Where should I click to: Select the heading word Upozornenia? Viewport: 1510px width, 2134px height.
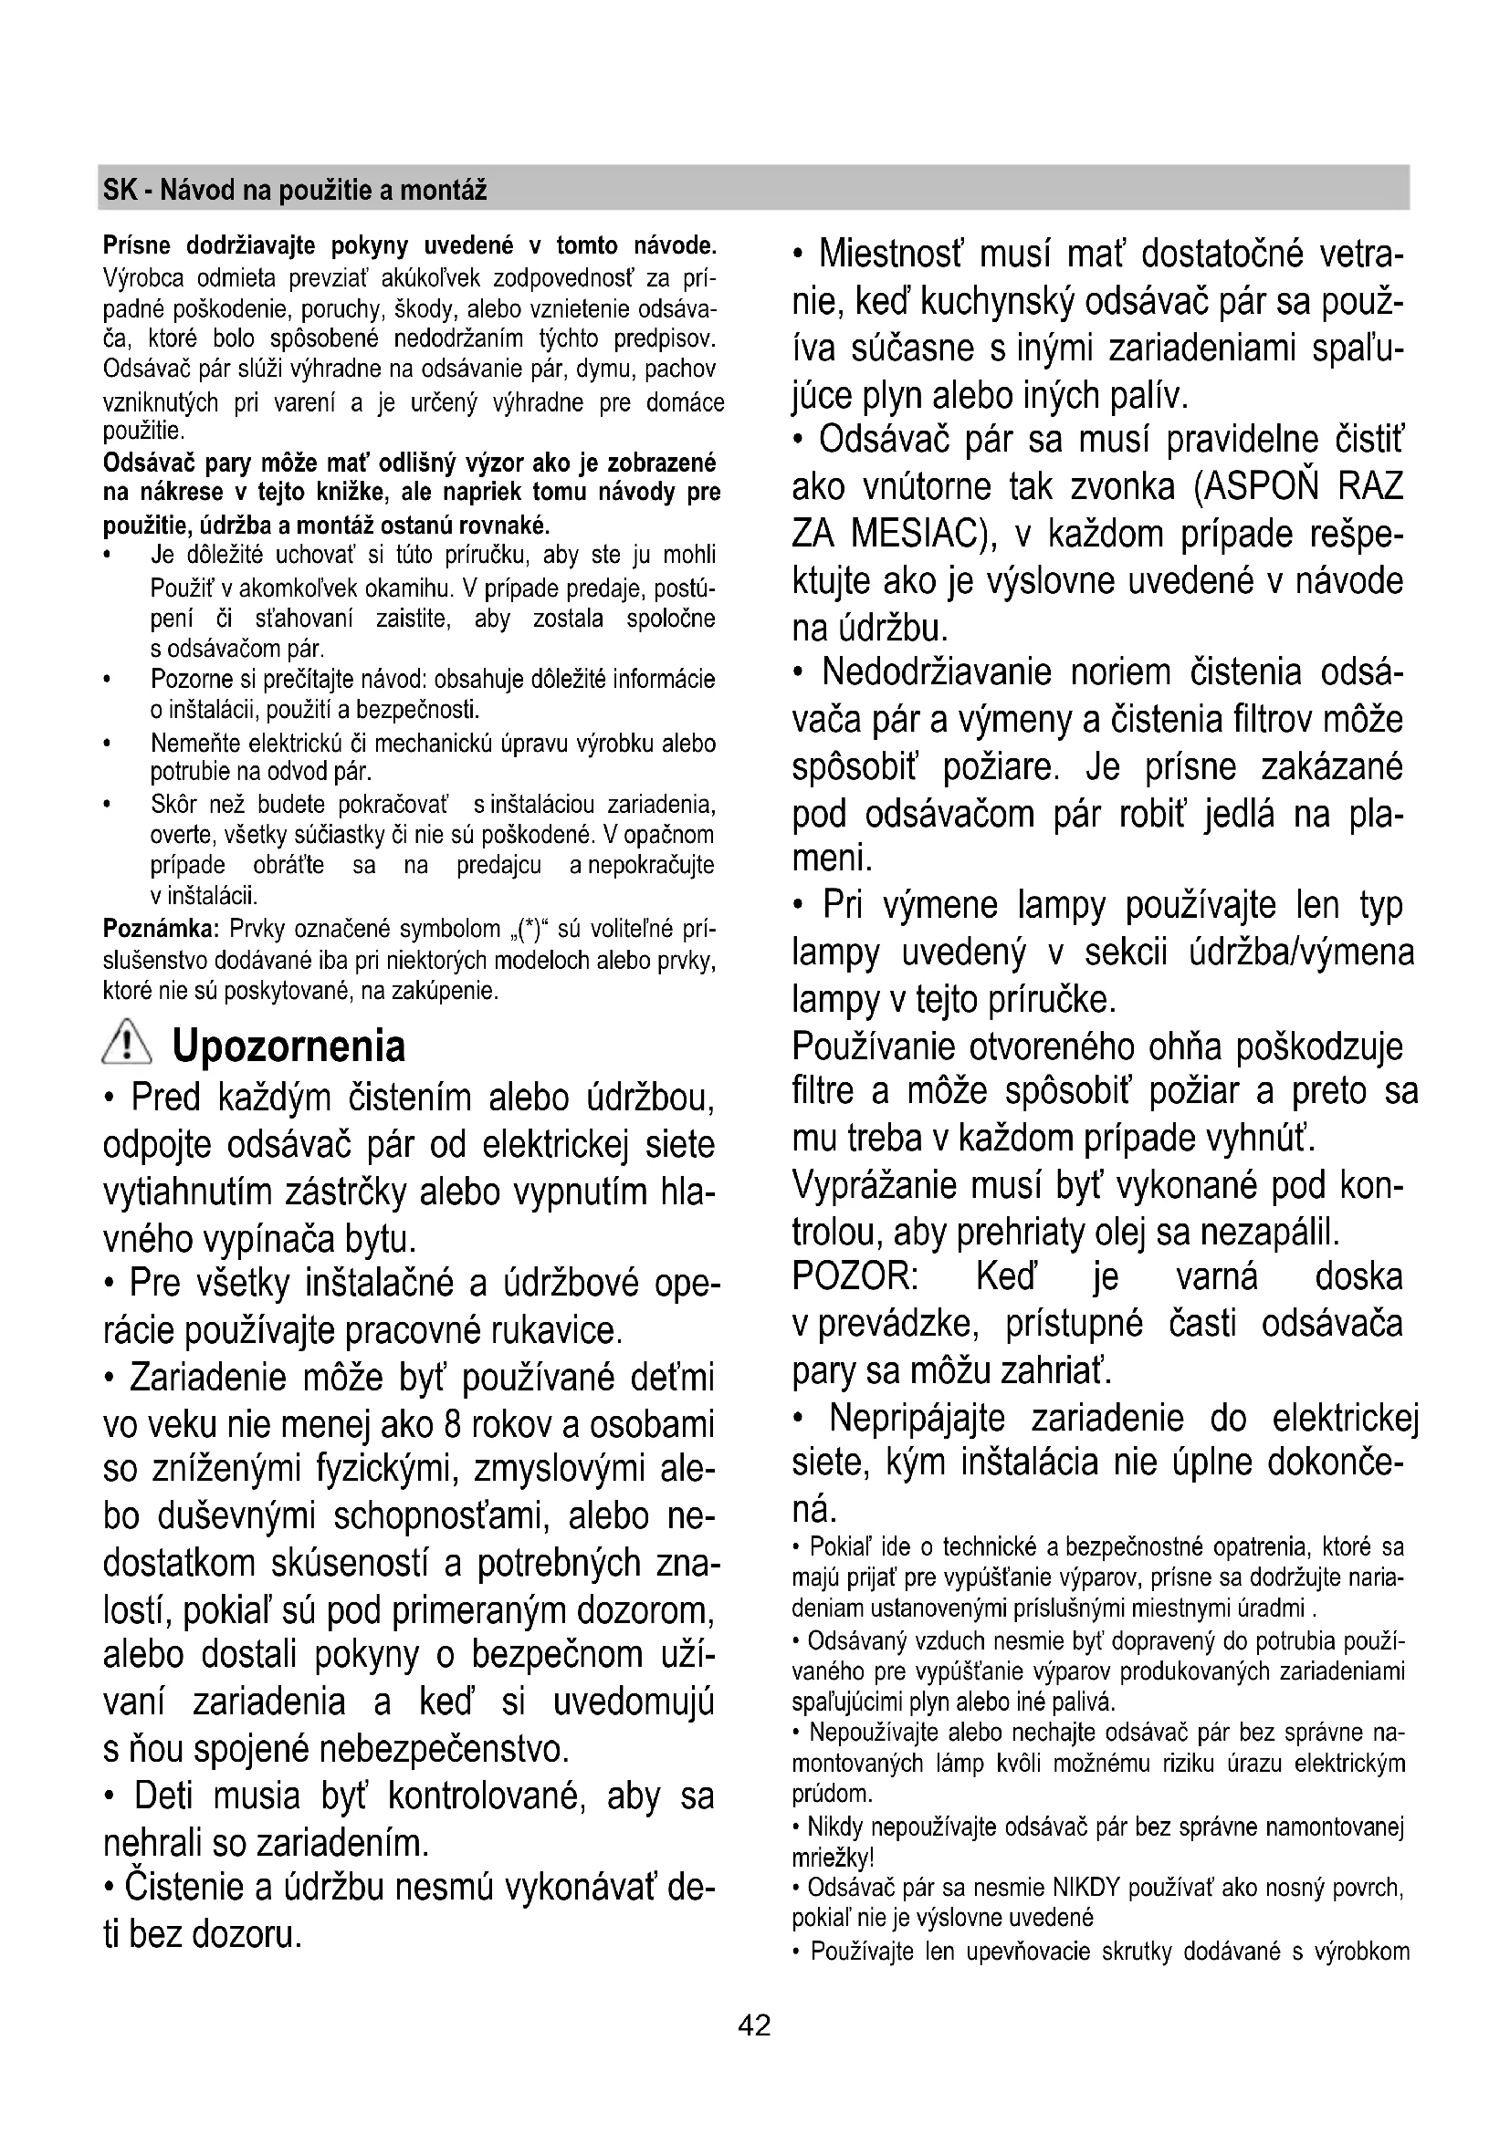click(x=289, y=1046)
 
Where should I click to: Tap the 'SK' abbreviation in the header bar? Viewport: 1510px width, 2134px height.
click(x=118, y=191)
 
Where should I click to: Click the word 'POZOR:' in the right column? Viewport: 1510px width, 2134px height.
click(x=855, y=1277)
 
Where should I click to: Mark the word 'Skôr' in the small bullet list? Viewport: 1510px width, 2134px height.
click(x=171, y=803)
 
